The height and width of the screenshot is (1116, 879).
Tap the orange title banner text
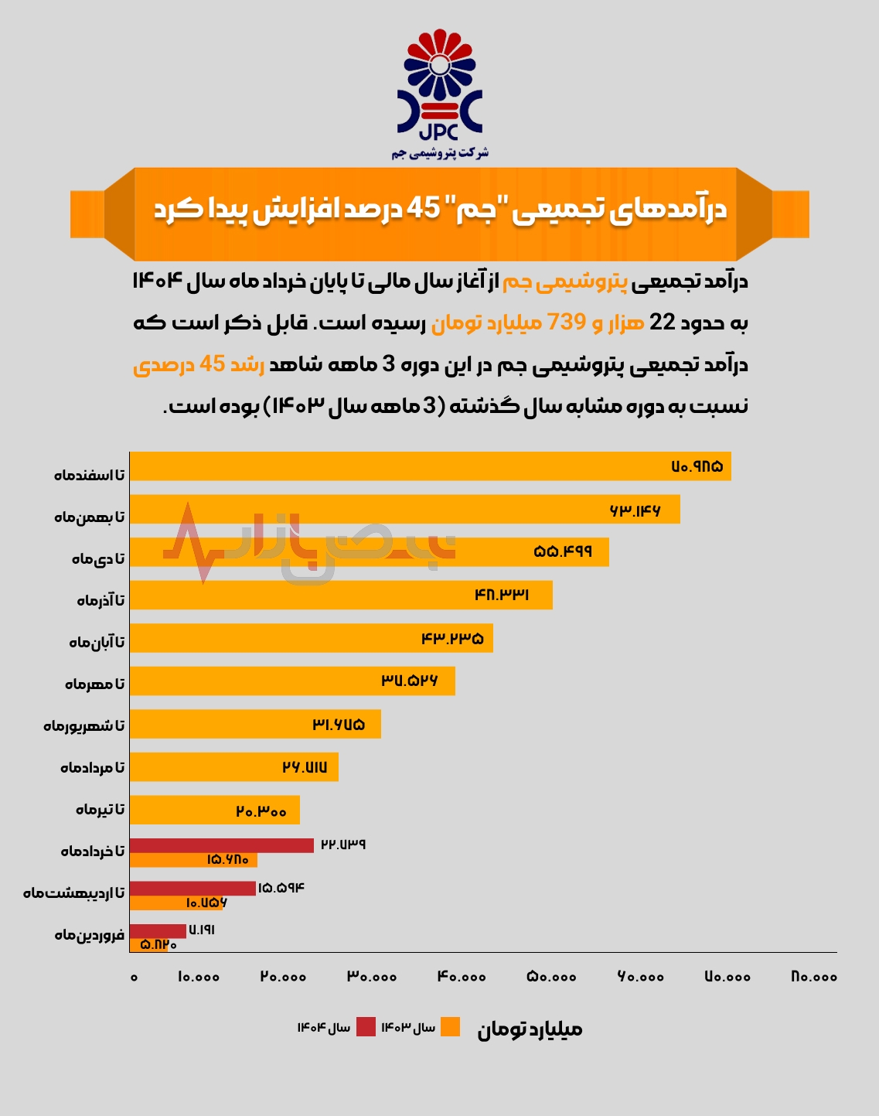pos(440,210)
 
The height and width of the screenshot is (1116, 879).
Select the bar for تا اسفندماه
pos(430,466)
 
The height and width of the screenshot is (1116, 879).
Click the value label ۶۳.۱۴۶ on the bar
pos(635,510)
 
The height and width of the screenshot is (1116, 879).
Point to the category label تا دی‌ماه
pos(98,558)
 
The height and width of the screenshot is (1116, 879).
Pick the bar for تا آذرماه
pos(341,595)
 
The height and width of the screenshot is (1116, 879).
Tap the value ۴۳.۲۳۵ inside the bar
pos(452,639)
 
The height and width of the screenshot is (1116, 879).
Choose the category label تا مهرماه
pos(94,684)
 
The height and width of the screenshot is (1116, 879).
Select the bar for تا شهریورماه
pos(255,724)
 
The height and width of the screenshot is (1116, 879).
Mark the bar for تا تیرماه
pos(214,810)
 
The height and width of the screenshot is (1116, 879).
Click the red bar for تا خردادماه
pos(222,845)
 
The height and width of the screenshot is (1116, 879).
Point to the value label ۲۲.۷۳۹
pos(343,845)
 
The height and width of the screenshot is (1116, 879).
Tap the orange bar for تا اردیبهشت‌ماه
pos(176,903)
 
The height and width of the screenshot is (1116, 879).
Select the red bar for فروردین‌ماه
pos(158,931)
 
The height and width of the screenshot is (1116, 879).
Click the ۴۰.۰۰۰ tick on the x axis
pos(462,977)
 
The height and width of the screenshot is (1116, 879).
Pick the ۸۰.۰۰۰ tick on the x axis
pos(814,977)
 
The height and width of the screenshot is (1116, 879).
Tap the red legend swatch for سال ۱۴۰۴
pos(366,1027)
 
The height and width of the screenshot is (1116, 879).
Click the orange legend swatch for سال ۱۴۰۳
pos(451,1027)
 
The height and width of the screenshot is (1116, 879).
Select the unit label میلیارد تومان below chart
pos(530,1029)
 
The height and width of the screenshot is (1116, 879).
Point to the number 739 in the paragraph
pos(566,322)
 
